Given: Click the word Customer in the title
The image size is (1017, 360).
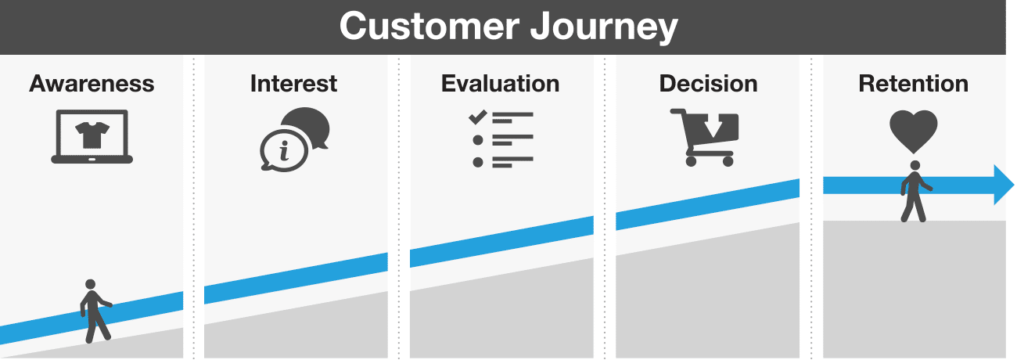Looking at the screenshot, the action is [428, 27].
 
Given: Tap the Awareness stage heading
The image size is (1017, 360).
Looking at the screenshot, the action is [92, 84].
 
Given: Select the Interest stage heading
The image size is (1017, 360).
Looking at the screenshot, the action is [294, 84].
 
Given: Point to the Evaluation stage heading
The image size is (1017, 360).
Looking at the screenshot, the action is [501, 84].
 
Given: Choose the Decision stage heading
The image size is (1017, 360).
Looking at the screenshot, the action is [709, 84].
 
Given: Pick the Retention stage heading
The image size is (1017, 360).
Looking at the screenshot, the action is [913, 84].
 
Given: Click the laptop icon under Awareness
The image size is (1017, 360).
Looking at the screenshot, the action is [92, 137].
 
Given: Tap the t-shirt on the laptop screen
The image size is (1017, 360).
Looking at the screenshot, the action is [92, 133].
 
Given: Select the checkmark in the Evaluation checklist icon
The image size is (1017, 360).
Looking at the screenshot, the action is [476, 117].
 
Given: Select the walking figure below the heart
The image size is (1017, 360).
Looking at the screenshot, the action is [914, 191].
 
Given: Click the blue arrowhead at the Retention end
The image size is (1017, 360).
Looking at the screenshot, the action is [1003, 185].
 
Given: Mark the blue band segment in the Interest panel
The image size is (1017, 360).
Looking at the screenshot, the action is [296, 278].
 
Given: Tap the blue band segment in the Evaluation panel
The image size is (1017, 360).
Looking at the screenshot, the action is [501, 241].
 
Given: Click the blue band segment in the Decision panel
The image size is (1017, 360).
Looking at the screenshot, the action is [707, 204].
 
